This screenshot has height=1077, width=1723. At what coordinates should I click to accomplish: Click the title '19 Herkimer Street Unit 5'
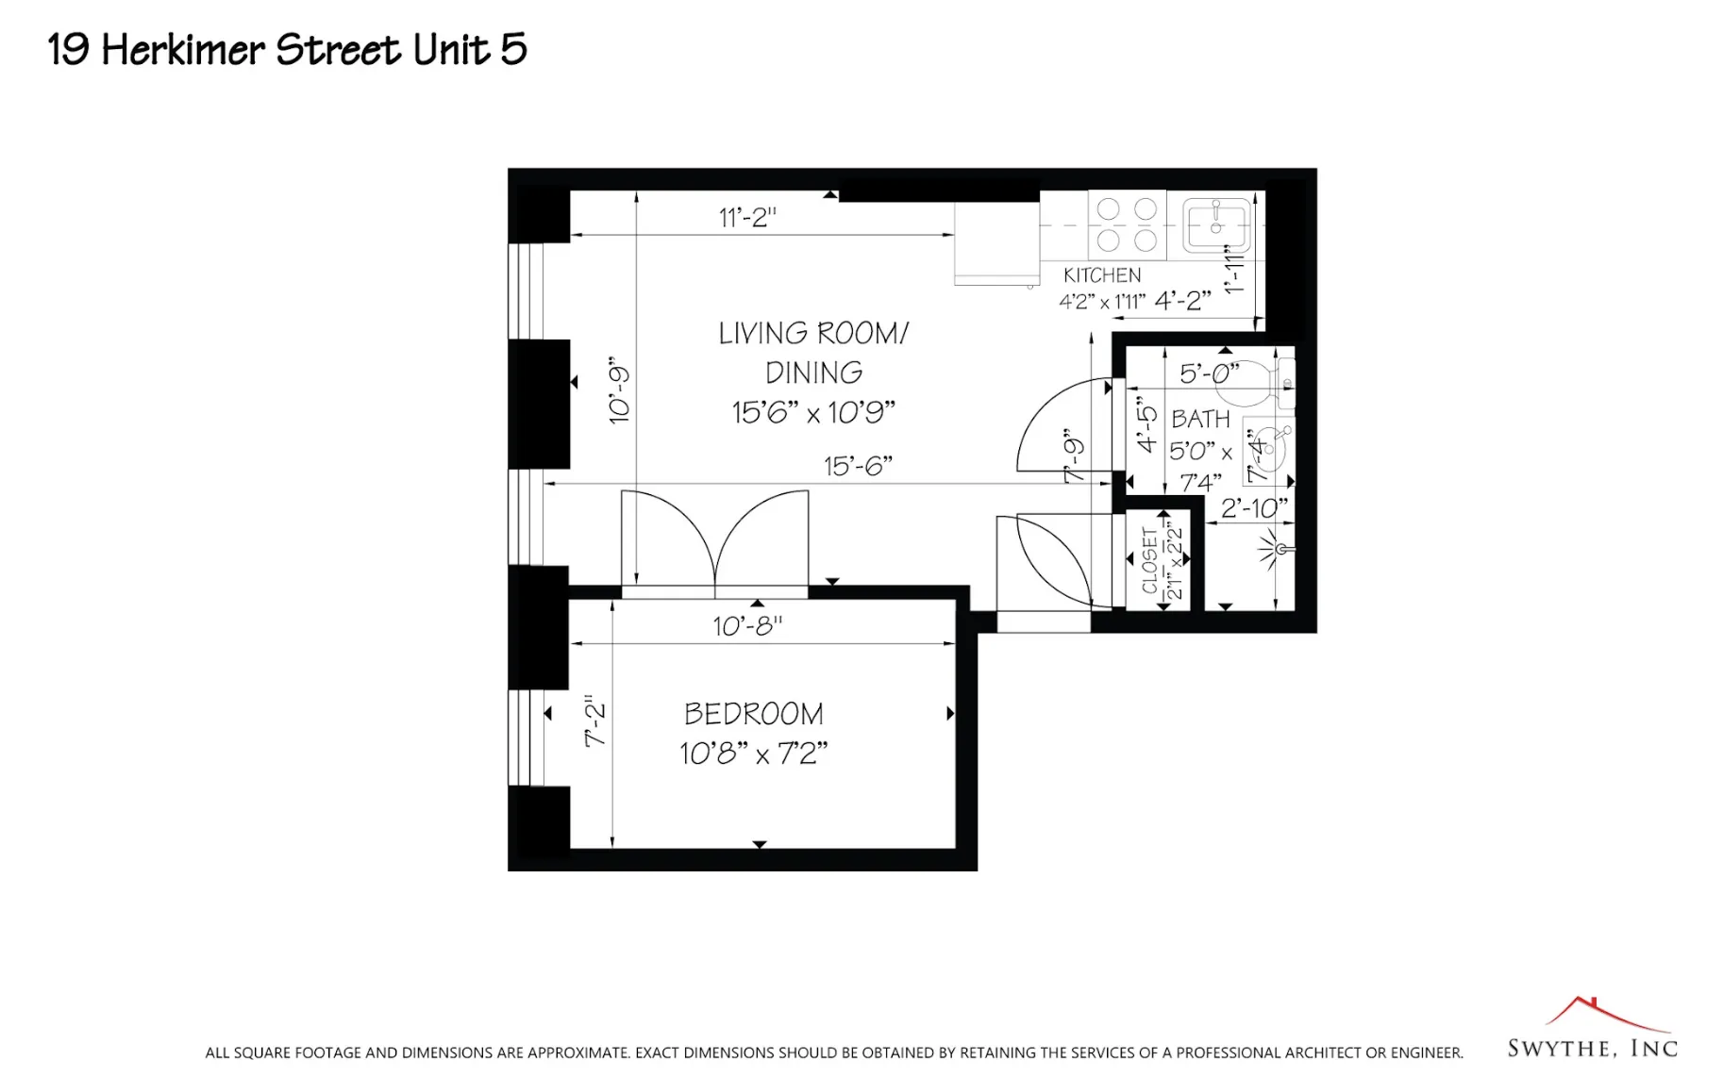(x=287, y=49)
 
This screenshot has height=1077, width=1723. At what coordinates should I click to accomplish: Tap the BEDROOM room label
(x=753, y=714)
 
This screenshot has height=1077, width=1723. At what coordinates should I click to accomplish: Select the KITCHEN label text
(x=1101, y=275)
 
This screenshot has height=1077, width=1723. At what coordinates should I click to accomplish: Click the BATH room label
(x=1200, y=419)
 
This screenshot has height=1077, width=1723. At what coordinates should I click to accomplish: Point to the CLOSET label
(x=1149, y=560)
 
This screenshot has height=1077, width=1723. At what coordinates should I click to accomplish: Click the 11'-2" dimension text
(x=747, y=217)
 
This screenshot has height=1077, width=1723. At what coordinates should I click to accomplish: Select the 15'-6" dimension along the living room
(x=857, y=466)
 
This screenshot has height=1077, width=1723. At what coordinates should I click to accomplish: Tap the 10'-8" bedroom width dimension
(x=747, y=626)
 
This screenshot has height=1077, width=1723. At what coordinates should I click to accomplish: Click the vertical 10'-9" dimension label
(x=619, y=389)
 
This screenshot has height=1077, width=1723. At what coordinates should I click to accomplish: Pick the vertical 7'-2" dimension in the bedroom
(x=594, y=721)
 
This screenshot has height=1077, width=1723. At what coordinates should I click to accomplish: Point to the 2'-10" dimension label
(x=1253, y=508)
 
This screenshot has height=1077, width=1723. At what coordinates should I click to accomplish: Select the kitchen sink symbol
(x=1216, y=224)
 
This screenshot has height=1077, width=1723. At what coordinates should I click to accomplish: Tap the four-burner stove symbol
(x=1127, y=224)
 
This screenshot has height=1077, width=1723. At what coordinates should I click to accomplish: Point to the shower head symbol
(x=1274, y=549)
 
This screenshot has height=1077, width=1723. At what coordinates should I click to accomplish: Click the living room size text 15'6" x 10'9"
(x=812, y=412)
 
